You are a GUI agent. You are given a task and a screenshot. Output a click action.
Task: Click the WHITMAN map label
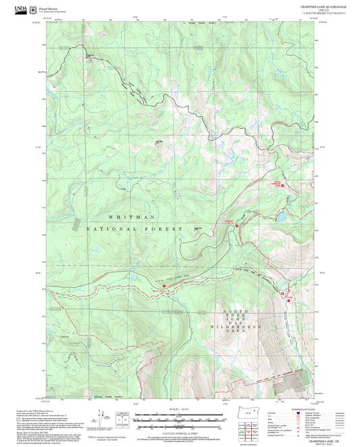132,217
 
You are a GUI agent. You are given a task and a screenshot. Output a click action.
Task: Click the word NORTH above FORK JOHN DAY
231,311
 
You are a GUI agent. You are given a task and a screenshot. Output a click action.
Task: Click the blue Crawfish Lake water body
279,217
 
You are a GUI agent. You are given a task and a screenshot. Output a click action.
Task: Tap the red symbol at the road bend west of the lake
236,226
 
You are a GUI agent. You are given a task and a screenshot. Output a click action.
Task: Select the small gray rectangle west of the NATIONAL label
76,223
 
